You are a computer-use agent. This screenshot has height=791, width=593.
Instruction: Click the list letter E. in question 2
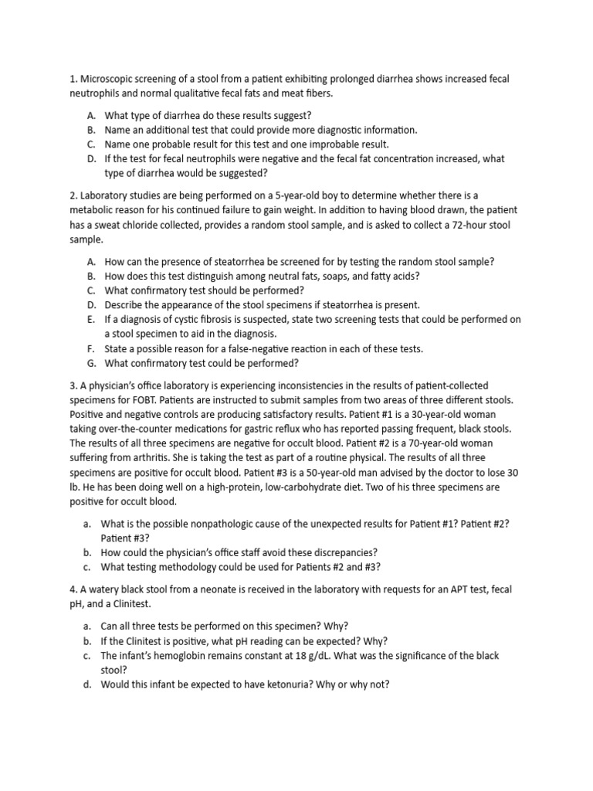click(91, 320)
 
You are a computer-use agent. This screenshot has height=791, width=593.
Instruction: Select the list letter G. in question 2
click(91, 363)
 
